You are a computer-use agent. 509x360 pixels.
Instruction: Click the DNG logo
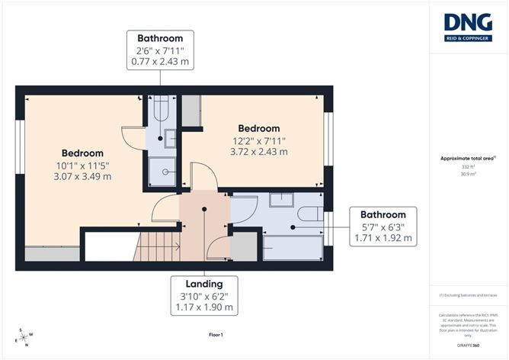point(468,26)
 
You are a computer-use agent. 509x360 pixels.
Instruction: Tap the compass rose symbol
point(24,336)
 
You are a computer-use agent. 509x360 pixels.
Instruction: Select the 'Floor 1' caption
point(216,335)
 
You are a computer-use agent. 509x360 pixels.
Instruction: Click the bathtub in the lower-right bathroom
point(292,248)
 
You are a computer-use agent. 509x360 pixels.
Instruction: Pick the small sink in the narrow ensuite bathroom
point(170,138)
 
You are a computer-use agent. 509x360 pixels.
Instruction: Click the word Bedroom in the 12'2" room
point(258,128)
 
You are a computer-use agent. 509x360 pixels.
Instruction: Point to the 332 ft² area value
point(468,166)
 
